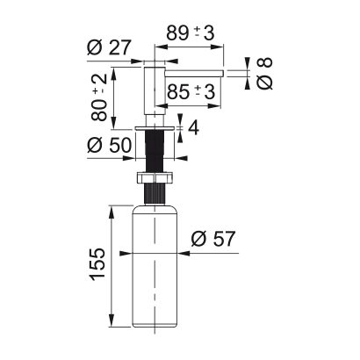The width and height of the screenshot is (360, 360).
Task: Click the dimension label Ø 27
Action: coord(109,47)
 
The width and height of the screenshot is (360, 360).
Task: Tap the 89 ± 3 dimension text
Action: coord(191,32)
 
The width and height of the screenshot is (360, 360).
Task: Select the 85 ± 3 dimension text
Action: coord(191,92)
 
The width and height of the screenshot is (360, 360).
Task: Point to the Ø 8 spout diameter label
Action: coord(264,73)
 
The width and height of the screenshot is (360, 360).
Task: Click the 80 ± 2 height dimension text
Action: coord(98,97)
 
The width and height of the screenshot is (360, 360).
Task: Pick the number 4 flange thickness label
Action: coord(193,127)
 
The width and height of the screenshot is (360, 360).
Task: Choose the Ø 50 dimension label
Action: coord(109,145)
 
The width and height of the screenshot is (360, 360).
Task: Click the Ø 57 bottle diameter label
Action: coord(212,239)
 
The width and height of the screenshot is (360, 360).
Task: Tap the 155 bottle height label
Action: coord(97,265)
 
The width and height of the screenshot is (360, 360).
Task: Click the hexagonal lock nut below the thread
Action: coord(155,177)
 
